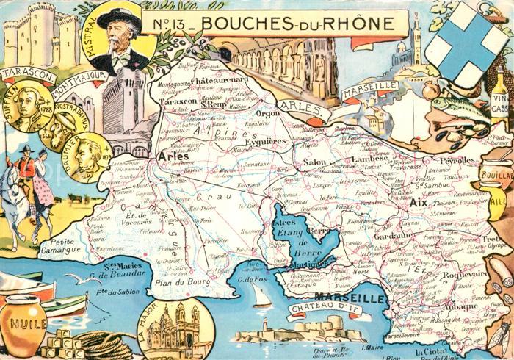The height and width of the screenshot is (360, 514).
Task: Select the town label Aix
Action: pyautogui.click(x=418, y=202)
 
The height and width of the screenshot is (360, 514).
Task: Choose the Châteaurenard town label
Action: pyautogui.click(x=220, y=77)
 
